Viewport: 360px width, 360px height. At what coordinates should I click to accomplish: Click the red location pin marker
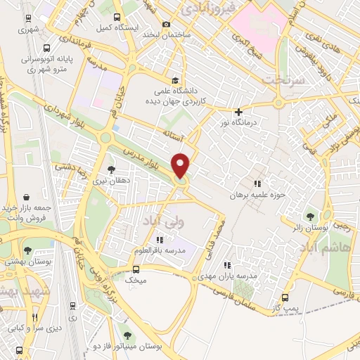[x=181, y=165]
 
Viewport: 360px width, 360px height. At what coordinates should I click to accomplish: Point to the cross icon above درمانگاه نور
[x=238, y=112]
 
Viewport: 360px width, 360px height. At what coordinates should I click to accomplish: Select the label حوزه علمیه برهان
[x=257, y=195]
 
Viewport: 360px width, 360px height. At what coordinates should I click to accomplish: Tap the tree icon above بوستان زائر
[x=310, y=216]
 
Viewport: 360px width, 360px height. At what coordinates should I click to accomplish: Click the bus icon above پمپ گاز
[x=285, y=297]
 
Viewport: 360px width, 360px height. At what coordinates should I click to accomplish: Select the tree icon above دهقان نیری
[x=111, y=169]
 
